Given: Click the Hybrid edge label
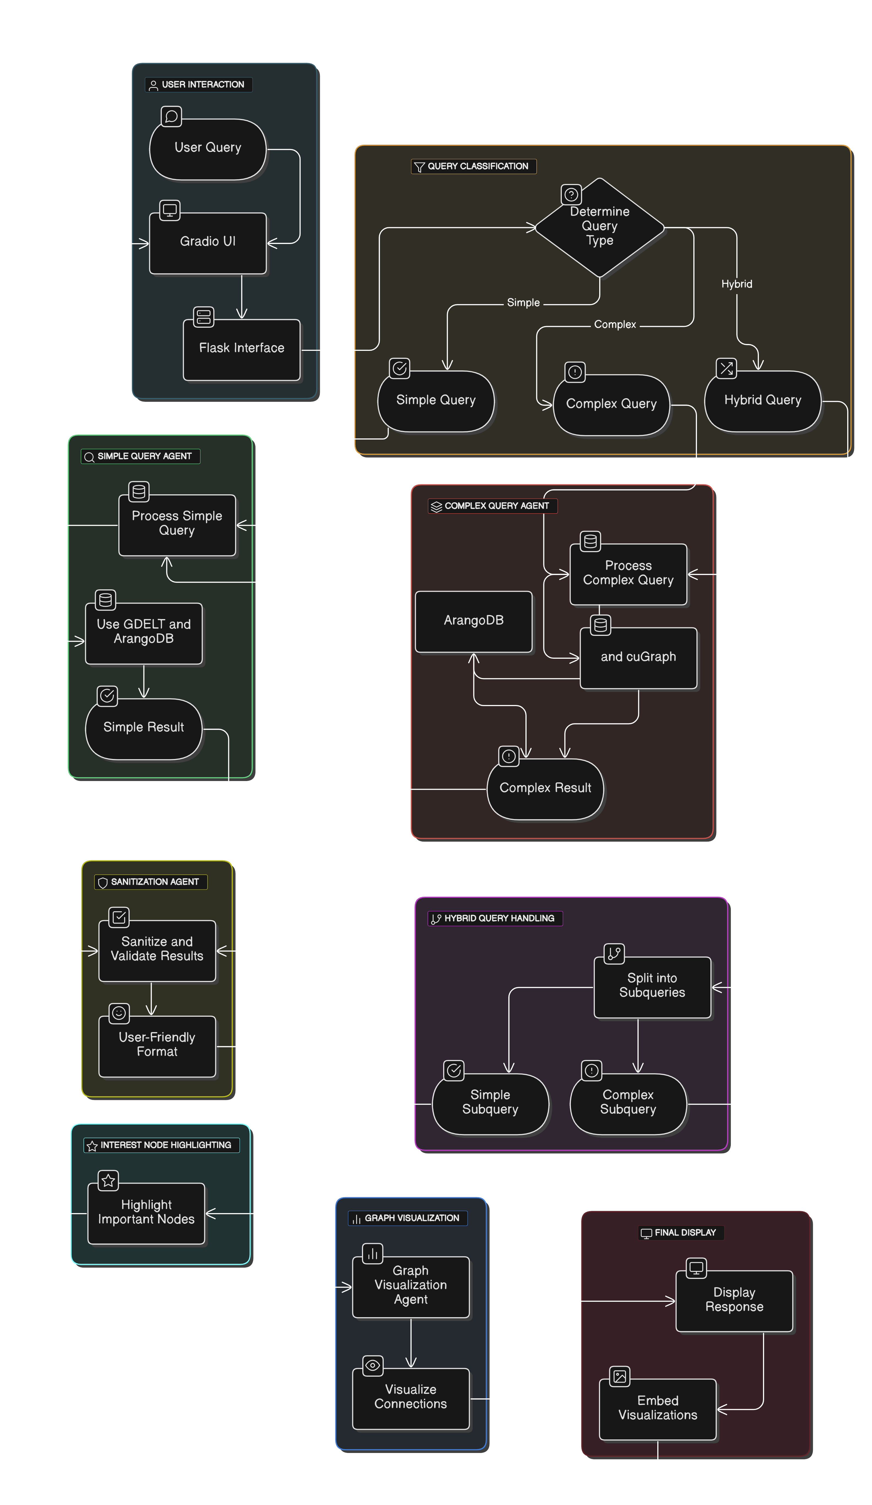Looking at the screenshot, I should click(737, 284).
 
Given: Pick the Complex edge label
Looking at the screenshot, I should click(615, 324).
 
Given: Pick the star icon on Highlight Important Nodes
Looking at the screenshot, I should click(108, 1181).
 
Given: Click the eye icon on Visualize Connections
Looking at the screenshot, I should click(372, 1365).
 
